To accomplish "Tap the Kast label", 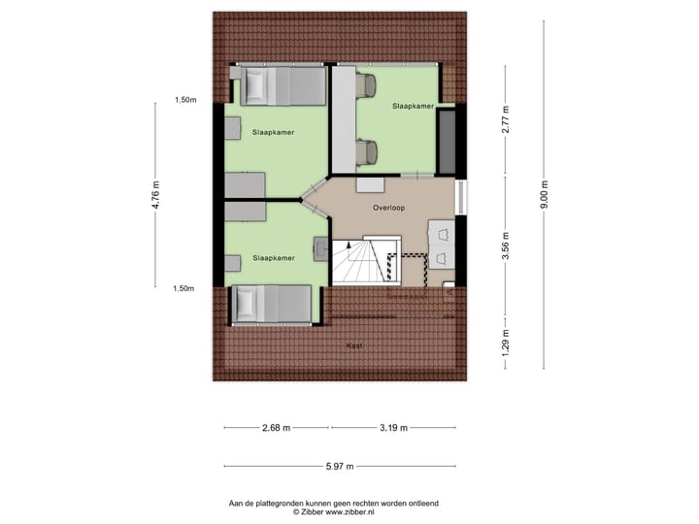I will point(353,345).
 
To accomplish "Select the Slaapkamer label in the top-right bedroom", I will point(413,105).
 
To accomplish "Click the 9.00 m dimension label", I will point(545,191).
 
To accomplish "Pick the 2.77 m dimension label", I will point(506,120).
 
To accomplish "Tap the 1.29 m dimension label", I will point(506,343).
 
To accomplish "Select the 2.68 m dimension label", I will point(277,427).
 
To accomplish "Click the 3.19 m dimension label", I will point(394,427).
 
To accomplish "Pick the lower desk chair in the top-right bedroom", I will point(366,152).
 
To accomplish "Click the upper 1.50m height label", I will point(184,100).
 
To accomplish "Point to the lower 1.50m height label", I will point(184,288).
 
